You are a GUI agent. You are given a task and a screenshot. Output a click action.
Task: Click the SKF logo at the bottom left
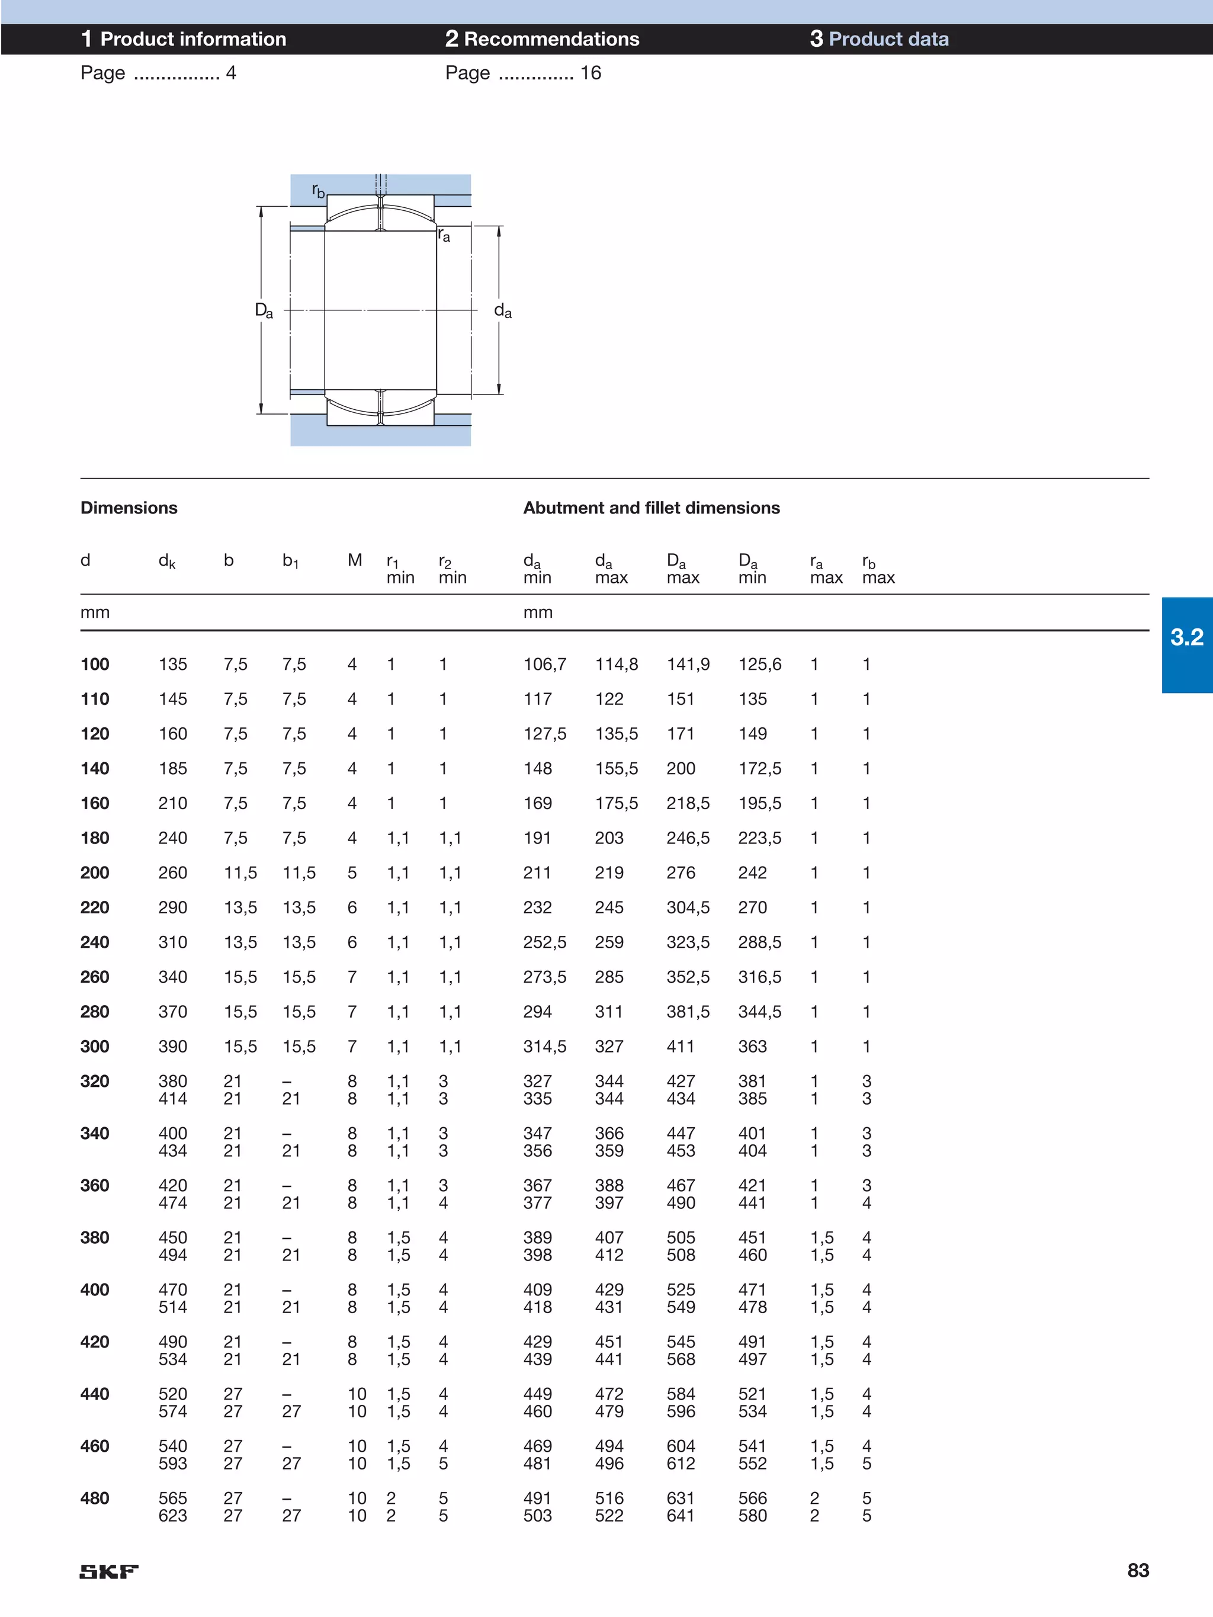coord(109,1571)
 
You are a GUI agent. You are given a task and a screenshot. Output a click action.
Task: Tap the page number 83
coord(1138,1570)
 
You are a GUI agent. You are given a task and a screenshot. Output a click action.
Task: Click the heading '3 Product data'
coord(879,38)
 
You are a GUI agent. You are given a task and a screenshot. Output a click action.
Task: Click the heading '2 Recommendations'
coord(542,38)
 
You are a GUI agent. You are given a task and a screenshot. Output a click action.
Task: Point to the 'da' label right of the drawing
coord(503,311)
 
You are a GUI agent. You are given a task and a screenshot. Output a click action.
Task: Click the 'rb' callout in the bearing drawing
coord(318,191)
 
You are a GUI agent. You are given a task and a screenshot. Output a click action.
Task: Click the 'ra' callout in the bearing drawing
coord(444,235)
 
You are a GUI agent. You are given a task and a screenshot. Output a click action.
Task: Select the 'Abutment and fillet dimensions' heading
coord(651,508)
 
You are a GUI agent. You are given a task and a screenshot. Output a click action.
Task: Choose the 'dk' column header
coord(166,562)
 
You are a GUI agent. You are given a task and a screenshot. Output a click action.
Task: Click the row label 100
coord(95,665)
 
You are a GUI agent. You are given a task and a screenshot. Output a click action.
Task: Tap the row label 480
coord(95,1498)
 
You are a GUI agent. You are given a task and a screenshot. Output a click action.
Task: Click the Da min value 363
coord(752,1046)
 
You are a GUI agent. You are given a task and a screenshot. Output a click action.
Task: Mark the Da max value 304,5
coord(687,907)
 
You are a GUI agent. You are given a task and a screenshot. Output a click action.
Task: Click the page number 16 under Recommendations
coord(590,73)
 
